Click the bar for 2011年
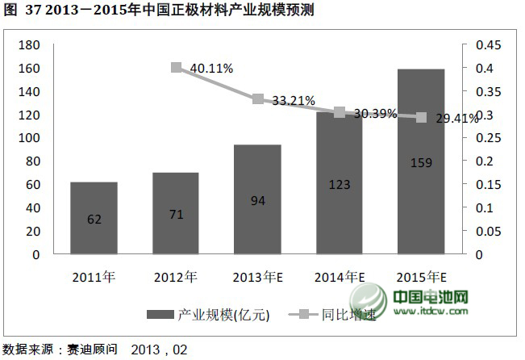pyautogui.click(x=94, y=218)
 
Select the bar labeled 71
pyautogui.click(x=175, y=213)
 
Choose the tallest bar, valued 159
pyautogui.click(x=421, y=161)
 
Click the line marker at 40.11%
pyautogui.click(x=176, y=67)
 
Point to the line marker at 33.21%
pyautogui.click(x=257, y=99)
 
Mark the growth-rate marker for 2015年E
pyautogui.click(x=421, y=117)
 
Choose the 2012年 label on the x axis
pyautogui.click(x=175, y=277)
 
